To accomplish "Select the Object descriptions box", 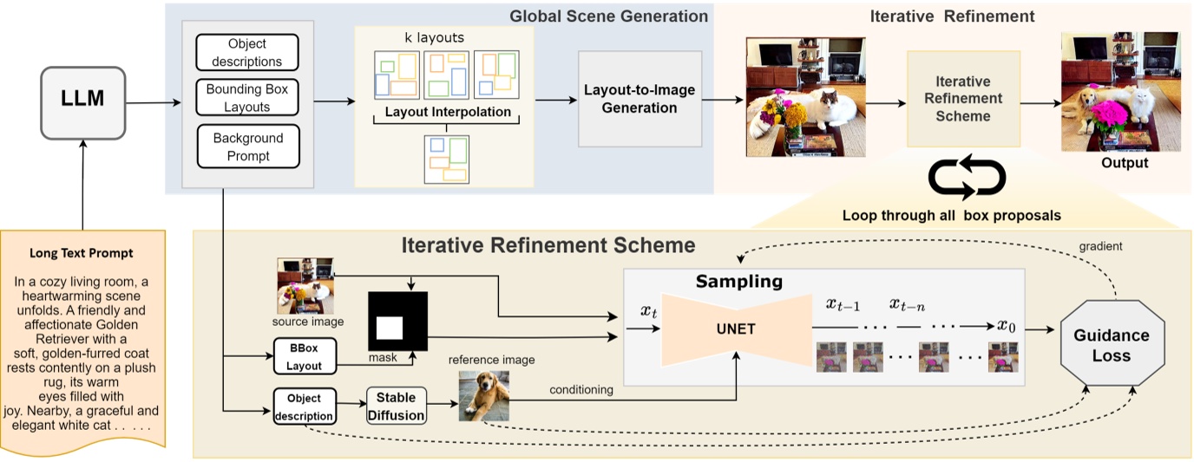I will [x=247, y=53].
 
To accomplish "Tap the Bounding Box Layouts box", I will [x=247, y=98].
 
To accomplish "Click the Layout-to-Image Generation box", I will [x=631, y=99].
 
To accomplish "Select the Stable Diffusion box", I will [x=397, y=406].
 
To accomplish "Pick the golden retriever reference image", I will [x=482, y=395].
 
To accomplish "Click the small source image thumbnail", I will [x=305, y=285].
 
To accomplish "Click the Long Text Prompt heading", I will [x=82, y=253].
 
